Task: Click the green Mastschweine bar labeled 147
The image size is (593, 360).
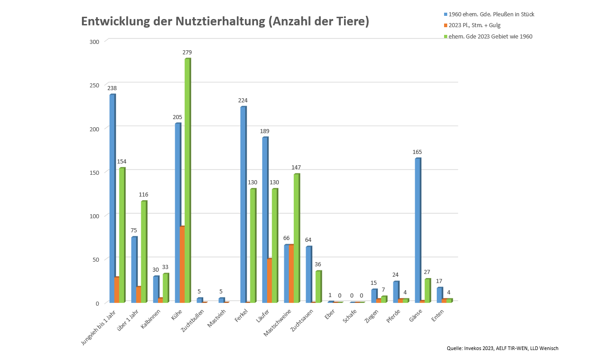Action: [296, 238]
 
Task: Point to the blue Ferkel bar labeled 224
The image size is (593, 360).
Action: [243, 204]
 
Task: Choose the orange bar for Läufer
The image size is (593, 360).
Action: [269, 280]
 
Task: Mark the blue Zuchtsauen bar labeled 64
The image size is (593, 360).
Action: [309, 274]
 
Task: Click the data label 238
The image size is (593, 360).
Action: [112, 88]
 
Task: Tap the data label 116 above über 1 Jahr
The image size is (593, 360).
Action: [143, 195]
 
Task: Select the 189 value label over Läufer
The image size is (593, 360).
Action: [265, 131]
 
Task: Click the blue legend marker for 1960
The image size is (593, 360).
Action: [446, 14]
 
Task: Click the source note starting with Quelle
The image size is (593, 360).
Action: [502, 348]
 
